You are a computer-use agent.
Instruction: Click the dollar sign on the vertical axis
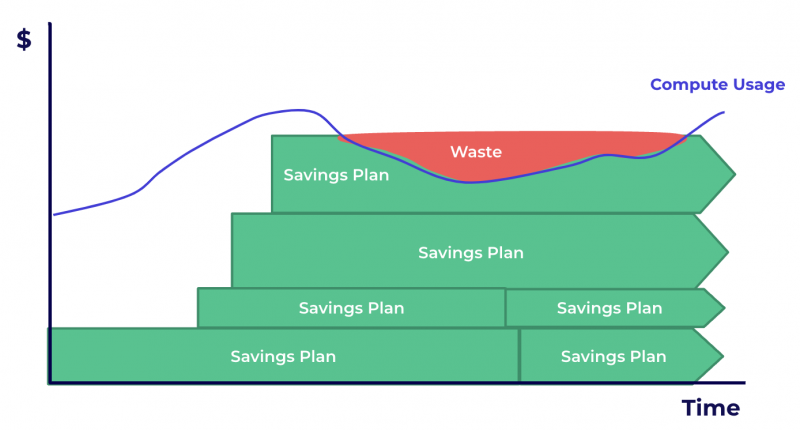point(24,40)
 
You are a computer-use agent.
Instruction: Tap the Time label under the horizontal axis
point(711,408)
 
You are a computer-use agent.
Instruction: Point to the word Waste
point(475,152)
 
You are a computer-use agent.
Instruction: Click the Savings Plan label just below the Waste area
point(336,174)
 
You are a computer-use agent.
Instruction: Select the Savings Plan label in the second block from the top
point(470,252)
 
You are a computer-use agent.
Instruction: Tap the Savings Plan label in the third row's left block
point(351,308)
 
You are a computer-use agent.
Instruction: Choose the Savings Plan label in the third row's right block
point(609,308)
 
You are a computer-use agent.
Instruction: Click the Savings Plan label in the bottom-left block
point(283,356)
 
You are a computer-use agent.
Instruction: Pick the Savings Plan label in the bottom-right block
point(613,356)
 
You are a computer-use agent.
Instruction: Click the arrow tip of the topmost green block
point(734,174)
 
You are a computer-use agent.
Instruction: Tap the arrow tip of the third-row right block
point(722,307)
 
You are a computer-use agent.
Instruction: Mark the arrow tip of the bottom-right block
point(722,355)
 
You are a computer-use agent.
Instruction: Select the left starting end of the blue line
point(55,214)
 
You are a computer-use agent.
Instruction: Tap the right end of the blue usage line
point(723,112)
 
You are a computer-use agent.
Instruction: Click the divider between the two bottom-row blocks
point(519,355)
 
